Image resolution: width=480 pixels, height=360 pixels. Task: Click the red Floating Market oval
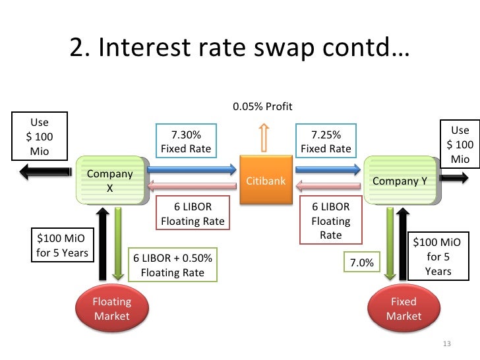click(112, 309)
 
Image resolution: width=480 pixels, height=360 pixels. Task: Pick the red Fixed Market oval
click(403, 309)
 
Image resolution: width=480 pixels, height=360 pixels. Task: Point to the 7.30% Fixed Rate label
click(186, 142)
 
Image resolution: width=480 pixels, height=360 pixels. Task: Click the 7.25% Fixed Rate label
click(326, 142)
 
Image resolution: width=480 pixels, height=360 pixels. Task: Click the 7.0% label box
click(361, 263)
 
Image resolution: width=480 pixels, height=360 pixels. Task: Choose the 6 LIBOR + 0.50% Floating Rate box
click(173, 264)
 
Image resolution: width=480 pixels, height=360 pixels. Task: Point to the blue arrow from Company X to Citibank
click(191, 169)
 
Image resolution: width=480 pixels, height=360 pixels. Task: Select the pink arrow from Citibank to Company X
click(191, 187)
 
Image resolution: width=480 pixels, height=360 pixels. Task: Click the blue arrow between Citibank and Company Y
click(327, 169)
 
